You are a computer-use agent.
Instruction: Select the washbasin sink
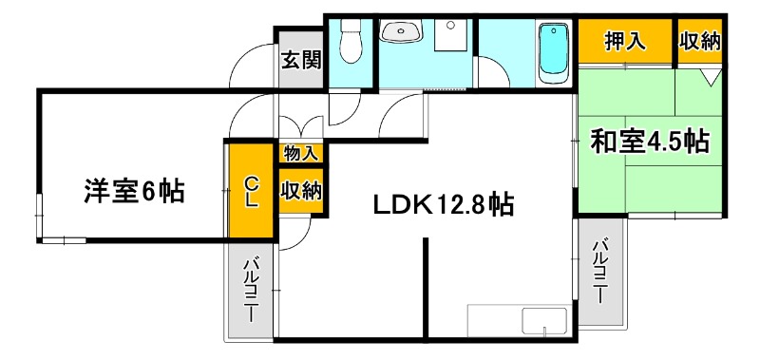(x=402, y=34)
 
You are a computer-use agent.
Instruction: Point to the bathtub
(x=553, y=53)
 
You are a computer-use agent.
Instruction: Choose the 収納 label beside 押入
(x=699, y=41)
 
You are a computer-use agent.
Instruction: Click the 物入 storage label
(x=300, y=152)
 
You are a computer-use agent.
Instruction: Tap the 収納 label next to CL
(x=300, y=190)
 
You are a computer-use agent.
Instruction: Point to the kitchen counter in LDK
(x=517, y=320)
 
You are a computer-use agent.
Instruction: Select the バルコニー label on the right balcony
(x=600, y=271)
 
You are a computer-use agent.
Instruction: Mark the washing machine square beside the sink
(x=448, y=37)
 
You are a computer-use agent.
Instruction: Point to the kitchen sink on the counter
(x=545, y=321)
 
